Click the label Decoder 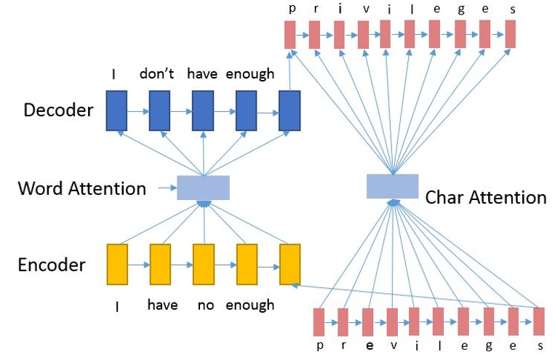[x=58, y=111]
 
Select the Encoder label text [x=52, y=265]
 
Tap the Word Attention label [x=81, y=189]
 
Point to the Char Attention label [x=485, y=197]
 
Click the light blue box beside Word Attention [x=204, y=188]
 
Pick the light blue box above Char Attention [x=392, y=186]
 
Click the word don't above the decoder [x=159, y=73]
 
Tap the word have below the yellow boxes [x=161, y=305]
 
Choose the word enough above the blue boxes [x=249, y=73]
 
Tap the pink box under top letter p [x=290, y=34]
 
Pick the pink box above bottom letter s [x=538, y=321]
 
